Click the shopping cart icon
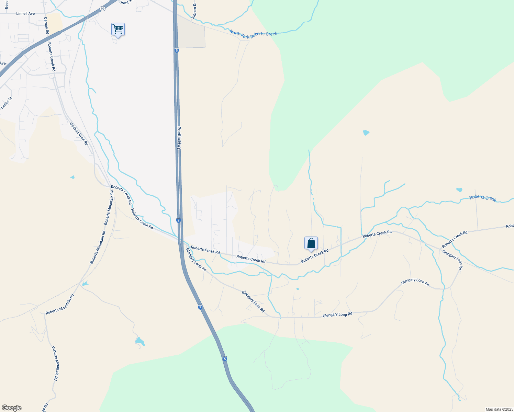[118, 29]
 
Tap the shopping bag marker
[311, 243]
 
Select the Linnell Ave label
[25, 14]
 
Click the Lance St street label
[6, 103]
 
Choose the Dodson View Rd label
[79, 134]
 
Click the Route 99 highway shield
[103, 9]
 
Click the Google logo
[12, 408]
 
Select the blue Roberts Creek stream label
[483, 198]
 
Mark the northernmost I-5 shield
[177, 50]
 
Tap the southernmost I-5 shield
[225, 359]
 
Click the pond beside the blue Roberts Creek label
[459, 190]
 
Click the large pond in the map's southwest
[139, 342]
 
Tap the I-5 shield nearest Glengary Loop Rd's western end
[178, 220]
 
